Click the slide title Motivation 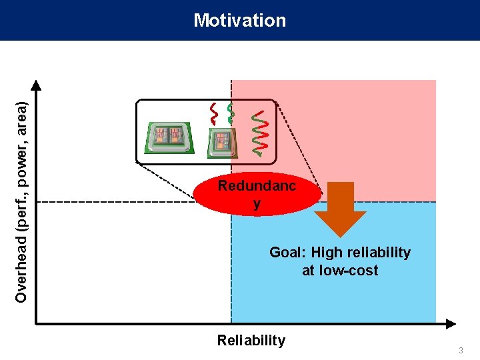(240, 21)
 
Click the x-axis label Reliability (251, 341)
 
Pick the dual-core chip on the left (167, 137)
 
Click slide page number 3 (461, 351)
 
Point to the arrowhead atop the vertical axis (37, 85)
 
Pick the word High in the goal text (327, 253)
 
